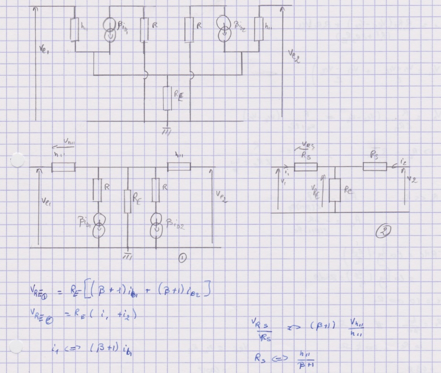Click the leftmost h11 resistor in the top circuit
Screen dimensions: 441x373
[x=74, y=30]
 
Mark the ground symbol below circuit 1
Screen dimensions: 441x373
[x=128, y=254]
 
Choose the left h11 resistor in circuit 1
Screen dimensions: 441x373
[x=63, y=167]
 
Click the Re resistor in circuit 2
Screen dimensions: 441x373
[x=335, y=189]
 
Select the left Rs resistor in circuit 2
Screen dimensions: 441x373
[x=306, y=167]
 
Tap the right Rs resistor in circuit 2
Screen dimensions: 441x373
[x=374, y=167]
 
